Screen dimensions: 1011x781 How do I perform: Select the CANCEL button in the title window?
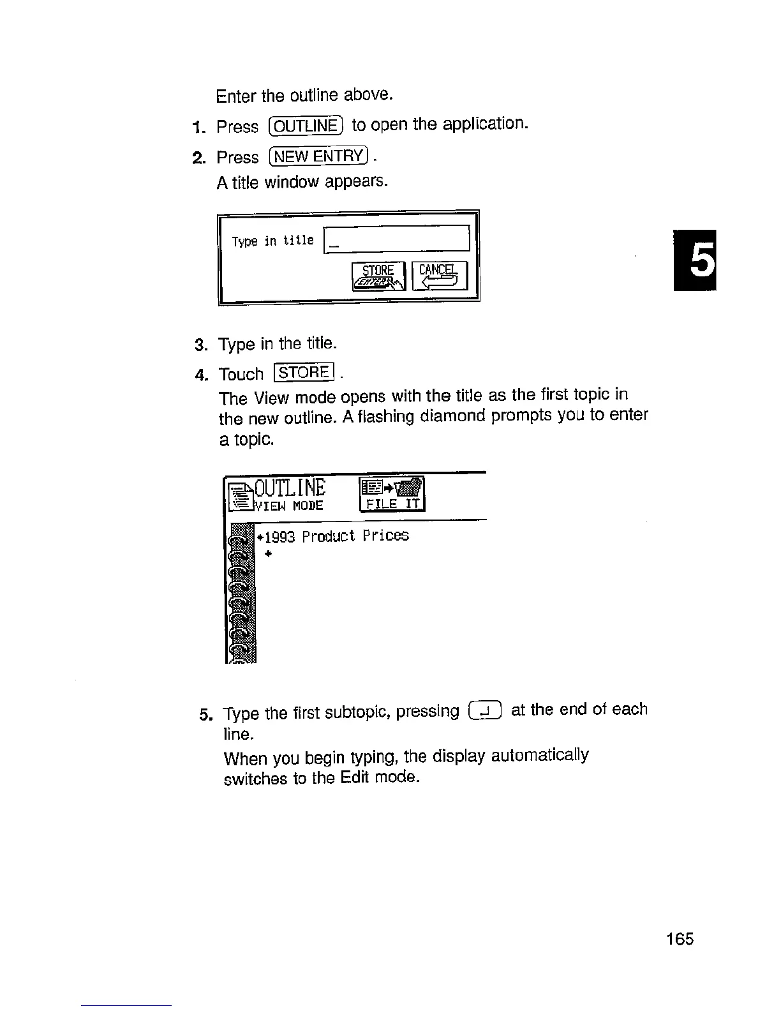[x=440, y=276]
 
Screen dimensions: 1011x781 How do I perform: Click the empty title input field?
[x=397, y=240]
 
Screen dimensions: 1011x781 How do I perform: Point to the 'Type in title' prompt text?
[x=272, y=241]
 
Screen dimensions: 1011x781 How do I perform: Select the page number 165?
[x=679, y=939]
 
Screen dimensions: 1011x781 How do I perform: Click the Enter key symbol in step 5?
[x=485, y=710]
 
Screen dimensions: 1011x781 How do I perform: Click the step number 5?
[x=204, y=714]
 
